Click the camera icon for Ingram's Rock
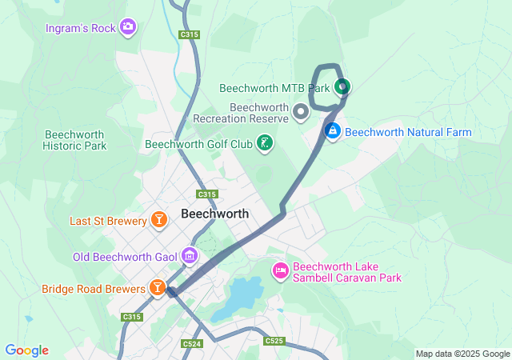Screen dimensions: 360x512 point(127,28)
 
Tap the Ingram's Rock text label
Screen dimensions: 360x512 point(81,28)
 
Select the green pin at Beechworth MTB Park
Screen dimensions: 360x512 point(342,86)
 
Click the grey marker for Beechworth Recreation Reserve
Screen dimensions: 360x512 point(301,112)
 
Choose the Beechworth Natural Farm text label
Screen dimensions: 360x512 point(408,132)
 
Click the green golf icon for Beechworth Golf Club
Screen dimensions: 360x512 point(264,144)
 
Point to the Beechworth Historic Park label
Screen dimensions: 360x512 point(74,141)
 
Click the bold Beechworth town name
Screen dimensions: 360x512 point(214,214)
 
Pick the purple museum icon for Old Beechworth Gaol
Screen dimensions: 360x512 point(190,256)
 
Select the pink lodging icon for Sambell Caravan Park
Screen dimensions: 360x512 point(280,272)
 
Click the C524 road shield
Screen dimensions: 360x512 point(191,344)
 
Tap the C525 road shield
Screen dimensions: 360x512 point(274,341)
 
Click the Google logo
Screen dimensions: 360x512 point(26,350)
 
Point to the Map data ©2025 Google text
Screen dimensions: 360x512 point(462,354)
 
